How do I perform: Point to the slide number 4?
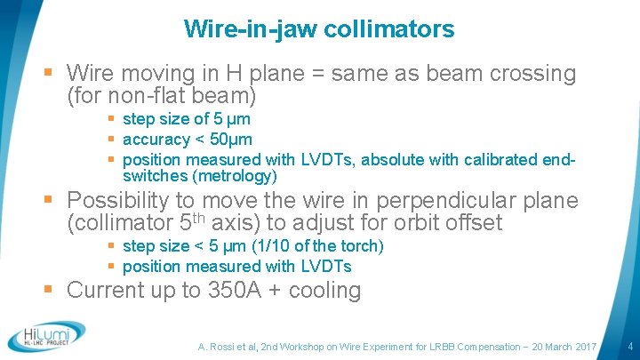pyautogui.click(x=629, y=345)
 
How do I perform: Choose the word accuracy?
pyautogui.click(x=156, y=140)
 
